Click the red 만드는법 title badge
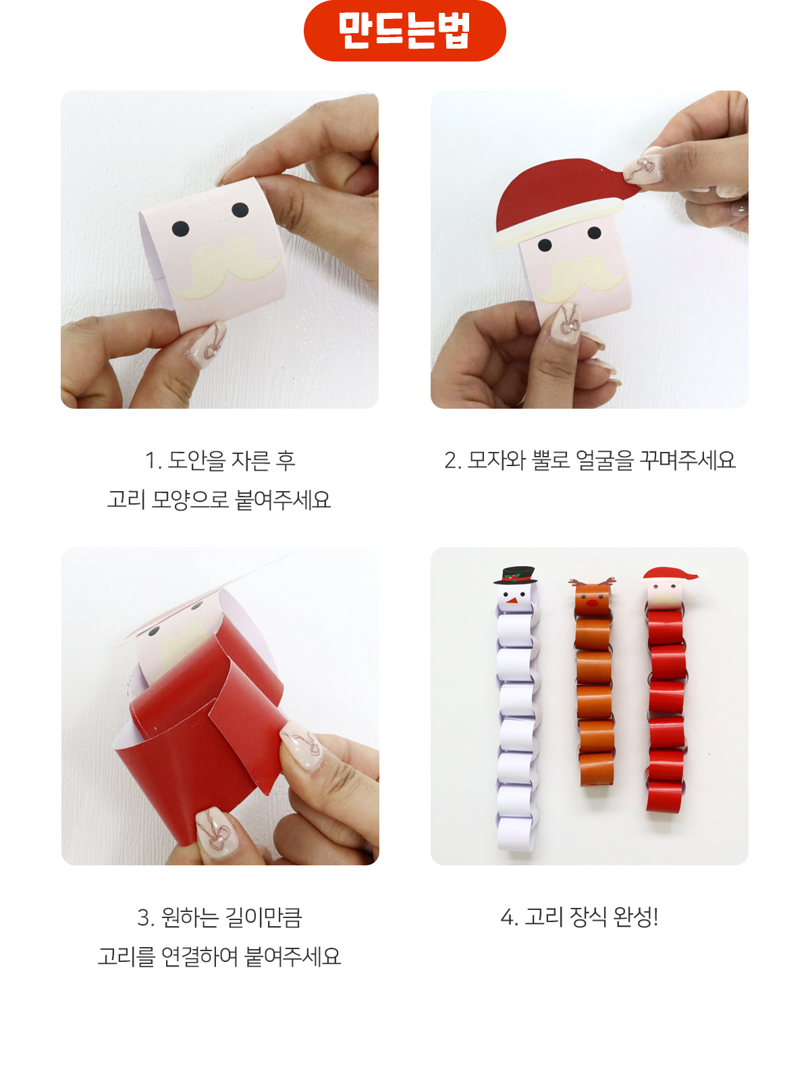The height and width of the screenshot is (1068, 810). tap(404, 30)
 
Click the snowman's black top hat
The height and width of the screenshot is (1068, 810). tap(516, 574)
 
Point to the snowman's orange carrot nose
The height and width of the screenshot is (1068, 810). tap(512, 600)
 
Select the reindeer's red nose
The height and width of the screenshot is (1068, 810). tap(591, 603)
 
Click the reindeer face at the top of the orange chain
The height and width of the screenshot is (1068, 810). tap(592, 597)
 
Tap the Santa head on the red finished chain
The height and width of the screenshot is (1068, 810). tap(668, 587)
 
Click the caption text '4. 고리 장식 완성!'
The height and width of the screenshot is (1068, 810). tap(579, 917)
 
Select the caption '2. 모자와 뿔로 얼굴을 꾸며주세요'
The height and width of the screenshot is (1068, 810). tap(589, 460)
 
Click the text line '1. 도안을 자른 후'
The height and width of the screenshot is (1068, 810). tap(220, 460)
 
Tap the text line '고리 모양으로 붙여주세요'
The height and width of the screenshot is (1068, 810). tap(219, 500)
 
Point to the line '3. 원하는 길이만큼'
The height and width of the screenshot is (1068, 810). tap(220, 917)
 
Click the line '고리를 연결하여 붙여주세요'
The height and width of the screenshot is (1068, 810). tap(219, 957)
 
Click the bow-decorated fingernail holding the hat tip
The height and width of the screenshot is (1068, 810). tap(643, 170)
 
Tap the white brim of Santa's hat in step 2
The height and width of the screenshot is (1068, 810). tap(558, 222)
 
